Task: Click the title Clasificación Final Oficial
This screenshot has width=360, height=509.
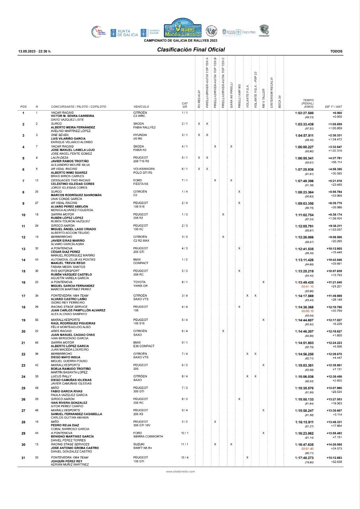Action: (x=191, y=50)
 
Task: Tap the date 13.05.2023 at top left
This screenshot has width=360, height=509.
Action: (x=35, y=51)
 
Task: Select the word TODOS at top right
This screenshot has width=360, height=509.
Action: (x=336, y=51)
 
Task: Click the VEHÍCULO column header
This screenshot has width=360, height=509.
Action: (x=141, y=107)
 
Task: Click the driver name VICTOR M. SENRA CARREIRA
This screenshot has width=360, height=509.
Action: (x=72, y=116)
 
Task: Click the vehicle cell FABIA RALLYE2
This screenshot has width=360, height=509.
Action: (x=144, y=127)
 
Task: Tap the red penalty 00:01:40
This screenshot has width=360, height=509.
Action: (x=308, y=449)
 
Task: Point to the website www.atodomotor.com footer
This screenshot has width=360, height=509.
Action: (x=180, y=471)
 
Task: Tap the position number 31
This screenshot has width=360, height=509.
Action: (x=23, y=458)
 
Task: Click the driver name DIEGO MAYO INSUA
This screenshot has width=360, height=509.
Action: (x=69, y=357)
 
